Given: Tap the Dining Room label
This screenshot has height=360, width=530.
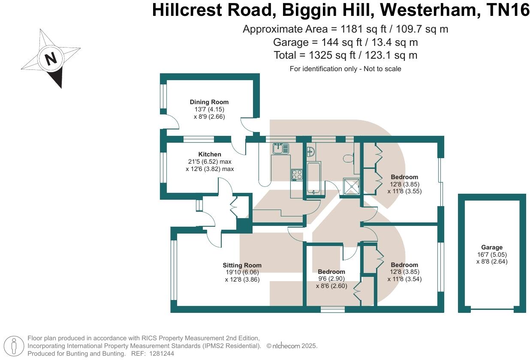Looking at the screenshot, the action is coord(209,102).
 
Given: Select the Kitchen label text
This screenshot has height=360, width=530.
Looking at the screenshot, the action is coord(210,154).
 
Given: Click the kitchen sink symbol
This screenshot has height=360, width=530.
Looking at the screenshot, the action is coord(280,149).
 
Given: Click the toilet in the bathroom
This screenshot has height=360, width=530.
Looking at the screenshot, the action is coord(349,158).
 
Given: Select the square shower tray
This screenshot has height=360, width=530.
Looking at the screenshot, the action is coord(352,186).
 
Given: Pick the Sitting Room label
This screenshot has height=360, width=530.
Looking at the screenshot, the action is coord(242,265).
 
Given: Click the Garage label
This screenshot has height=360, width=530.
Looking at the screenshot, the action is coord(492,247).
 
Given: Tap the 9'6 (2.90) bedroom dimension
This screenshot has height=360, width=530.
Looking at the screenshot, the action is coord(331,279).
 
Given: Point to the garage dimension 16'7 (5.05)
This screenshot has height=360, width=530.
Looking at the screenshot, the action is coord(492,255).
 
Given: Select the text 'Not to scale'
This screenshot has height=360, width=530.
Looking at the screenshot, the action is coord(382,69).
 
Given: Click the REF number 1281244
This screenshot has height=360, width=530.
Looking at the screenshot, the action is coord(162,354).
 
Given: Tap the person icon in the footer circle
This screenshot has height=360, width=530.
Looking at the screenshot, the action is coord(14,346).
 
